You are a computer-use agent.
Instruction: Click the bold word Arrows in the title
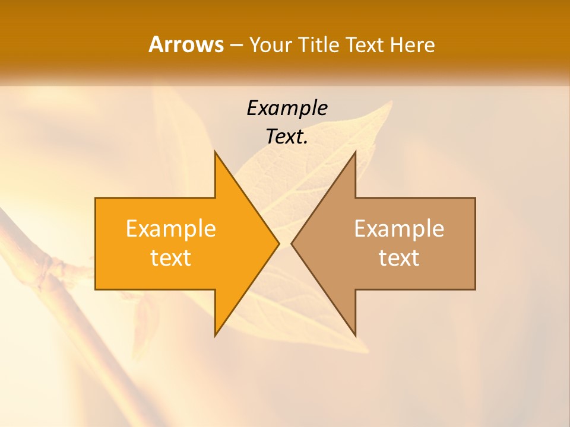[186, 44]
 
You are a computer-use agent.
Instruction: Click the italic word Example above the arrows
[287, 108]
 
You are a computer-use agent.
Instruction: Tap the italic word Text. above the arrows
[287, 137]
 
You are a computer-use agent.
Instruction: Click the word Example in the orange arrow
[171, 229]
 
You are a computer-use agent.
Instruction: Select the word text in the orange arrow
[171, 258]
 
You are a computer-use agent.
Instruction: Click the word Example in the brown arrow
[399, 229]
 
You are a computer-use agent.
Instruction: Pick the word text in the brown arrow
[399, 258]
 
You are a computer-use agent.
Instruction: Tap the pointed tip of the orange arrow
[279, 243]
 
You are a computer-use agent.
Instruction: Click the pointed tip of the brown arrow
[291, 243]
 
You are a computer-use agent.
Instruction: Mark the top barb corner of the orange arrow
[215, 152]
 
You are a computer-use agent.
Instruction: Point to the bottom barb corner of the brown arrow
[355, 336]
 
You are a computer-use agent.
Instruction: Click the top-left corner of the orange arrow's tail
[96, 198]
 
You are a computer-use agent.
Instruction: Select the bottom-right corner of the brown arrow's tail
[475, 289]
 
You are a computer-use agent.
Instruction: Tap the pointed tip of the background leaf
[392, 102]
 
